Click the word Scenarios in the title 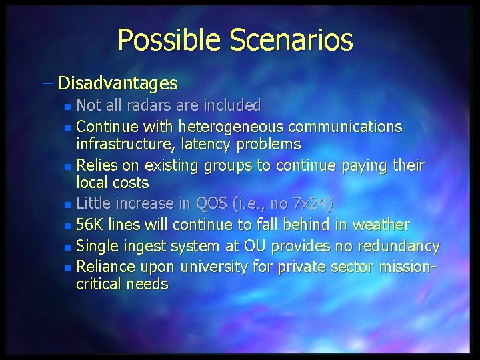(291, 41)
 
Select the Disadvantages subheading (118, 83)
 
